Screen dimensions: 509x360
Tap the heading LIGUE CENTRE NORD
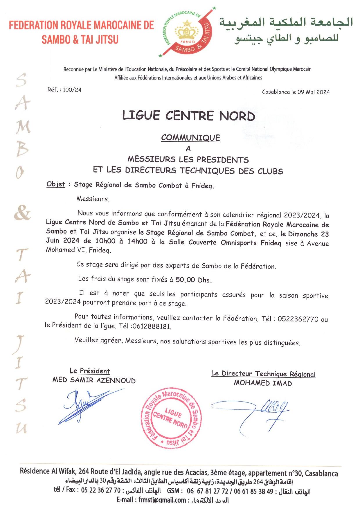coord(188,116)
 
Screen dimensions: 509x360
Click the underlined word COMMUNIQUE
coord(190,138)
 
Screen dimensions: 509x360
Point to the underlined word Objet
coord(56,184)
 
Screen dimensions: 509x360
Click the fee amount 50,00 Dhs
coord(193,280)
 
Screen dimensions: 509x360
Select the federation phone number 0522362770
coord(298,319)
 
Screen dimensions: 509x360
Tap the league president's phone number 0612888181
coord(151,326)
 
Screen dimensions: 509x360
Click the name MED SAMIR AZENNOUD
coord(94,380)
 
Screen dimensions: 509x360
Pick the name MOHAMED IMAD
coord(263,383)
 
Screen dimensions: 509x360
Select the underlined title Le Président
coord(90,371)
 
